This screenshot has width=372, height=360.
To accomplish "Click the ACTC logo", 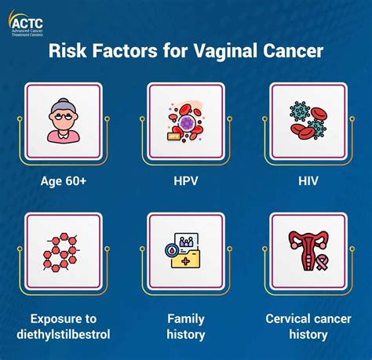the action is pyautogui.click(x=26, y=23).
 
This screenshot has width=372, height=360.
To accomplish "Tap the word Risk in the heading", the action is pyautogui.click(x=67, y=50).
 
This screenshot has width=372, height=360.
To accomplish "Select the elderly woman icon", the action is pyautogui.click(x=64, y=121).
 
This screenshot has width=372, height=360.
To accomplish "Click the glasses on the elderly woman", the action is pyautogui.click(x=63, y=117).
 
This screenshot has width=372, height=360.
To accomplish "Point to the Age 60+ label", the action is pyautogui.click(x=64, y=180).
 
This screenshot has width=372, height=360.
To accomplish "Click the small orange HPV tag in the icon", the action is pyautogui.click(x=173, y=136).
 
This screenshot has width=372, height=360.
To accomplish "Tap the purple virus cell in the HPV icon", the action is pyautogui.click(x=186, y=122).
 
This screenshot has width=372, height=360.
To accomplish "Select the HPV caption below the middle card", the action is pyautogui.click(x=186, y=180).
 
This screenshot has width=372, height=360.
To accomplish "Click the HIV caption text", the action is pyautogui.click(x=308, y=180).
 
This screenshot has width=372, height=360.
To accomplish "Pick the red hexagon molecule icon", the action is pyautogui.click(x=61, y=252).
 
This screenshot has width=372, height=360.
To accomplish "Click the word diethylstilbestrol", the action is pyautogui.click(x=64, y=334).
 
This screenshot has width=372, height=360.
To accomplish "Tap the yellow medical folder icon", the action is pyautogui.click(x=186, y=259).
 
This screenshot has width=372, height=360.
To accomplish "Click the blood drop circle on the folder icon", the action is pyautogui.click(x=172, y=250).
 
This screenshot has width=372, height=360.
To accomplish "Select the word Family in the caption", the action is pyautogui.click(x=186, y=319).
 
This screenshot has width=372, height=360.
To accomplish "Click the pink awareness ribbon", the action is pyautogui.click(x=321, y=263).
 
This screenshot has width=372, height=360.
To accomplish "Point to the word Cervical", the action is pyautogui.click(x=285, y=318).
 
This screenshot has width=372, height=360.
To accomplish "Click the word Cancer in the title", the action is pyautogui.click(x=293, y=50).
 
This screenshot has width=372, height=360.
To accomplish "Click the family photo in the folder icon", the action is pyautogui.click(x=186, y=241).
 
